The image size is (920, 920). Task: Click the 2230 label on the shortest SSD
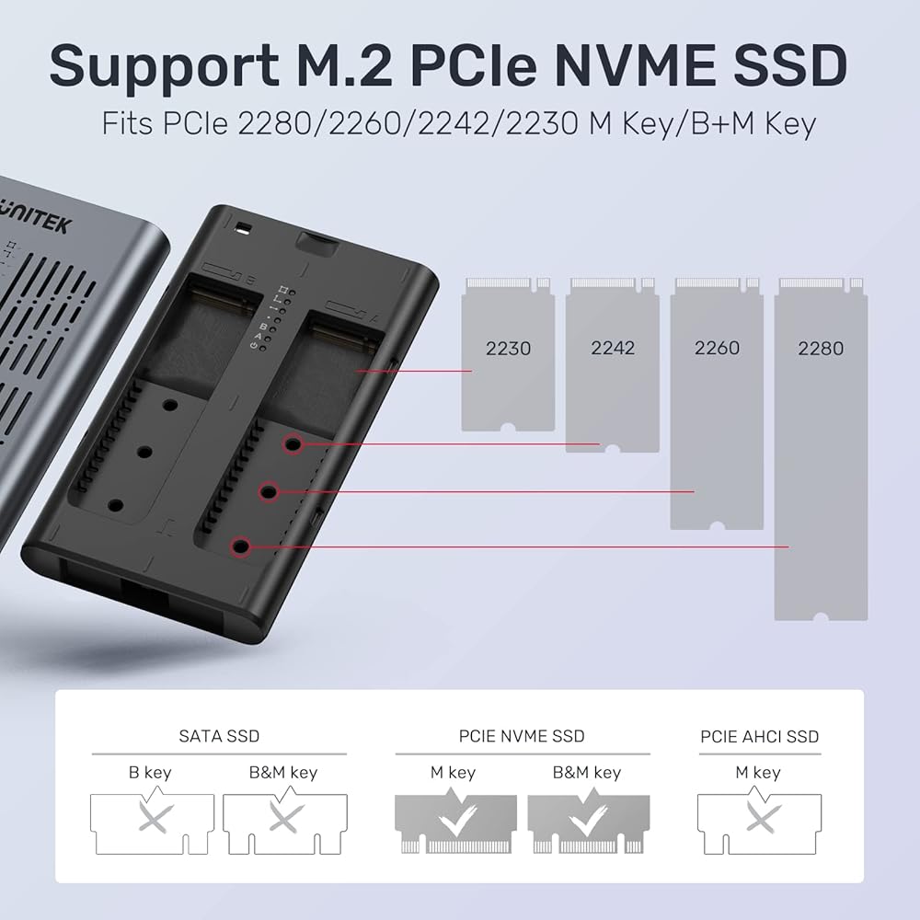pyautogui.click(x=508, y=349)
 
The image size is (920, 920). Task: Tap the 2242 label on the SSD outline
pyautogui.click(x=613, y=349)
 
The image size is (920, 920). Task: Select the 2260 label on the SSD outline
pyautogui.click(x=717, y=349)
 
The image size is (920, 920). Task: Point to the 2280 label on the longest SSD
pyautogui.click(x=821, y=349)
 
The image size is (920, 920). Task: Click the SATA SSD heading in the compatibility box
pyautogui.click(x=218, y=736)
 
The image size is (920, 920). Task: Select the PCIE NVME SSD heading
pyautogui.click(x=522, y=736)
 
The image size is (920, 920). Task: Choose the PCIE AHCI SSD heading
pyautogui.click(x=759, y=736)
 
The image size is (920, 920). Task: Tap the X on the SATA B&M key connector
pyautogui.click(x=281, y=818)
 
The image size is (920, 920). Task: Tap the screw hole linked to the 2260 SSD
pyautogui.click(x=269, y=492)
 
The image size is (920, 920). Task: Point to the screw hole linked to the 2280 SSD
pyautogui.click(x=241, y=546)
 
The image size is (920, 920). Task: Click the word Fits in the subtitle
pyautogui.click(x=127, y=123)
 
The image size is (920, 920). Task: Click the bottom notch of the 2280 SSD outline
pyautogui.click(x=821, y=615)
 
